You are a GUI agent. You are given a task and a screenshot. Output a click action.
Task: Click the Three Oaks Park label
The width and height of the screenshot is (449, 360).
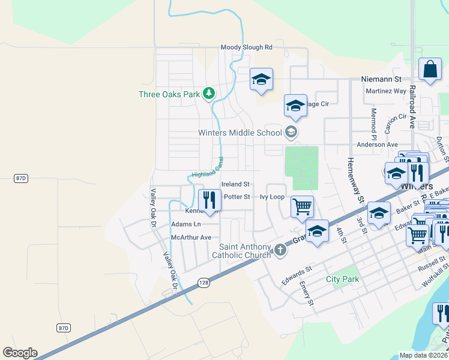[169, 94]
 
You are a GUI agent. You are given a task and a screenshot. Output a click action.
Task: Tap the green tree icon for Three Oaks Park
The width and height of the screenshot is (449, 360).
[208, 94]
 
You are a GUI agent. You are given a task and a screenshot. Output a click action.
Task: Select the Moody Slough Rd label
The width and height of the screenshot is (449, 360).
[246, 47]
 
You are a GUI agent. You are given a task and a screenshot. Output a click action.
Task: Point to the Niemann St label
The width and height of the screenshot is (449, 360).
[381, 79]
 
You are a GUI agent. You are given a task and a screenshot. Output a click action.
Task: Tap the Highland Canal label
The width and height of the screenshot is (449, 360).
[208, 167]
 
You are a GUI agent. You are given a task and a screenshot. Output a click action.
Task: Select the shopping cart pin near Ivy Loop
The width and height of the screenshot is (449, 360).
[302, 206]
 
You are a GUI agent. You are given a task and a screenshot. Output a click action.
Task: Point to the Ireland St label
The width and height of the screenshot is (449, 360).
[235, 184]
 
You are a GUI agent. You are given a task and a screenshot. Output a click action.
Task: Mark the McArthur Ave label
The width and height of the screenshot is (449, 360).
[191, 238]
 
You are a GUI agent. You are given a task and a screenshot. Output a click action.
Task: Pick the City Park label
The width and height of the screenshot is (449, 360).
[342, 280]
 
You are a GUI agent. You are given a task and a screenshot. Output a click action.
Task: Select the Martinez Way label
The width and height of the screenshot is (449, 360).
[386, 91]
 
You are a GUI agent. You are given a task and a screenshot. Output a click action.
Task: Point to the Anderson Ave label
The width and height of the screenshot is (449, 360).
[377, 145]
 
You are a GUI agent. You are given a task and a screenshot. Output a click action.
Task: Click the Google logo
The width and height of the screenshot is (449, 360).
[20, 353]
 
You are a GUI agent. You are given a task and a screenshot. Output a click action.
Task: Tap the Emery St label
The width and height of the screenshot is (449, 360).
[306, 293]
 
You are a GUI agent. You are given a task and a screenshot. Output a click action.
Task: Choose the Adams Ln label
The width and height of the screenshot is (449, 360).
[185, 224]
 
